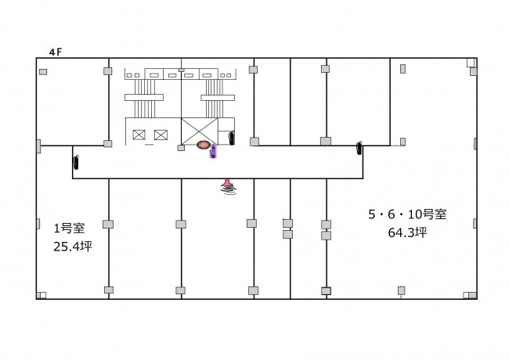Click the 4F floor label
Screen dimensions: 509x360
click(56, 52)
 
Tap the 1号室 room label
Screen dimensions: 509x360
click(69, 229)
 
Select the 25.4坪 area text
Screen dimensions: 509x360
click(73, 247)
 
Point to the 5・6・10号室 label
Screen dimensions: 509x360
click(407, 214)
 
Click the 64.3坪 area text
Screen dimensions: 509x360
click(407, 232)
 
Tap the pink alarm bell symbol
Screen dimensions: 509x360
click(228, 187)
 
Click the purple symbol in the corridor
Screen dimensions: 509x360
click(213, 151)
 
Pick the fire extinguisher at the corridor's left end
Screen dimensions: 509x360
click(76, 162)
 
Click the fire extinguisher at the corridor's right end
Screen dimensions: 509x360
click(359, 148)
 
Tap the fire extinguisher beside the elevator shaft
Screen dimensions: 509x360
click(232, 138)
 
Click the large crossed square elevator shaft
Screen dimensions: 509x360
click(200, 131)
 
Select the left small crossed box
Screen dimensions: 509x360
click(139, 135)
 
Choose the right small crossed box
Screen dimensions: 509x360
click(161, 135)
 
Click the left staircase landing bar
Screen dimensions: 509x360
click(144, 97)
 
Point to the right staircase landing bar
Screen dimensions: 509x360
click(218, 98)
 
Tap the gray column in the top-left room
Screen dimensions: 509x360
click(43, 72)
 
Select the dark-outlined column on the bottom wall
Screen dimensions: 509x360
click(326, 290)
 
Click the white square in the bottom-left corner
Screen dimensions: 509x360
click(42, 295)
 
